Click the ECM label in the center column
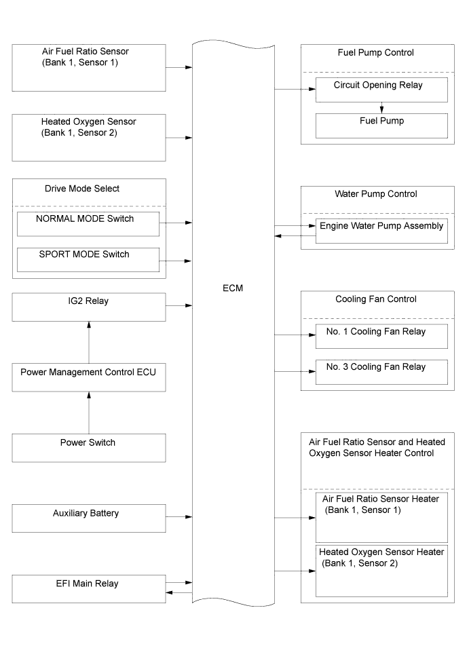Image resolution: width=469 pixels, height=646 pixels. (233, 288)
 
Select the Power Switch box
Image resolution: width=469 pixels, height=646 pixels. (89, 448)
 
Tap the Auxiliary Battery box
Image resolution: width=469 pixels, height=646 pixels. (89, 518)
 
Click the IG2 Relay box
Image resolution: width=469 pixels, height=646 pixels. (89, 307)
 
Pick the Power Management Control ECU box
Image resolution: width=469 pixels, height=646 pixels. (89, 377)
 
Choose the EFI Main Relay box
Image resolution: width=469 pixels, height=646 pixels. (89, 589)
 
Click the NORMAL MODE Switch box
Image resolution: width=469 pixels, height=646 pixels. (88, 224)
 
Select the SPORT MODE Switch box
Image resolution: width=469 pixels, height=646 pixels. (88, 260)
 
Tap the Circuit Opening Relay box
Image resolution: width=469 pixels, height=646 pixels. (381, 90)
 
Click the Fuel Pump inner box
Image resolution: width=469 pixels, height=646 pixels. (381, 126)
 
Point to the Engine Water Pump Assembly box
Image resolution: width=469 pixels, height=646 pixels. (381, 231)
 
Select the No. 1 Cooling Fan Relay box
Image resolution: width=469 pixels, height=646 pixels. (381, 337)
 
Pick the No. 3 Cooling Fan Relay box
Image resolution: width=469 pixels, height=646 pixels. (381, 372)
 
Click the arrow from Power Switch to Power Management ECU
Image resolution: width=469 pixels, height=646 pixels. (89, 413)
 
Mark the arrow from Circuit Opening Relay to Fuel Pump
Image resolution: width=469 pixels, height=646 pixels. (381, 107)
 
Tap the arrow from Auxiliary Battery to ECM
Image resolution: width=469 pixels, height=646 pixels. (179, 516)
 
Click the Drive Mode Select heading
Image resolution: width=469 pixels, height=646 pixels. (82, 189)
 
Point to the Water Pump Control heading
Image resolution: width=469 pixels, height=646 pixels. (376, 194)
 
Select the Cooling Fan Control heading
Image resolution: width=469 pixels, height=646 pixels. (376, 299)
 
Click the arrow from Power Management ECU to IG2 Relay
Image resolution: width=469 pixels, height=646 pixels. (89, 342)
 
